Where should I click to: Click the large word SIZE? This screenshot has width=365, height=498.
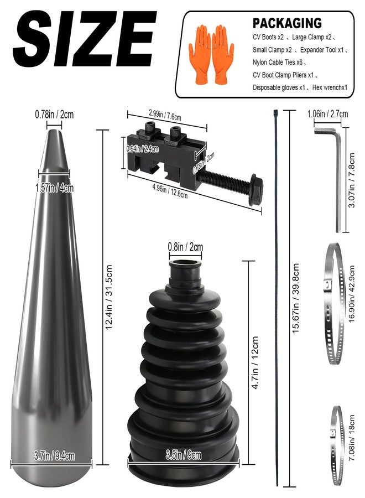pyautogui.click(x=85, y=39)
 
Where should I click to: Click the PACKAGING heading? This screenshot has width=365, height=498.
pyautogui.click(x=287, y=23)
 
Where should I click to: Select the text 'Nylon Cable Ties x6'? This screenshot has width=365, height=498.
pyautogui.click(x=278, y=62)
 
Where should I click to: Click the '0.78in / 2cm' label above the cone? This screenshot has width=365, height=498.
pyautogui.click(x=54, y=115)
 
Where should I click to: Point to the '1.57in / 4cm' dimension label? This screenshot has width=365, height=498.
pyautogui.click(x=54, y=188)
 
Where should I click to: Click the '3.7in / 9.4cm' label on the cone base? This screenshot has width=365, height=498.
pyautogui.click(x=54, y=456)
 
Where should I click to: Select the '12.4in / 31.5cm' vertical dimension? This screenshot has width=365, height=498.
pyautogui.click(x=109, y=297)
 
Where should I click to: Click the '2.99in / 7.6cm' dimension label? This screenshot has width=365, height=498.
pyautogui.click(x=165, y=115)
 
